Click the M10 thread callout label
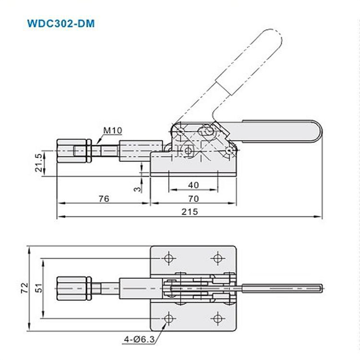pyautogui.click(x=112, y=131)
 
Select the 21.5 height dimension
pyautogui.click(x=39, y=163)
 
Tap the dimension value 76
pyautogui.click(x=104, y=198)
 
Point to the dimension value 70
pyautogui.click(x=194, y=198)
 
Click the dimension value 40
pyautogui.click(x=194, y=185)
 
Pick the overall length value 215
pyautogui.click(x=190, y=212)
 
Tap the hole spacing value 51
pyautogui.click(x=39, y=288)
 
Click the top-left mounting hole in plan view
pyautogui.click(x=169, y=258)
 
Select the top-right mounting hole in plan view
pyautogui.click(x=218, y=258)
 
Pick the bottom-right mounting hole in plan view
pyautogui.click(x=218, y=319)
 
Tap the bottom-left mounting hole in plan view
pyautogui.click(x=169, y=319)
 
